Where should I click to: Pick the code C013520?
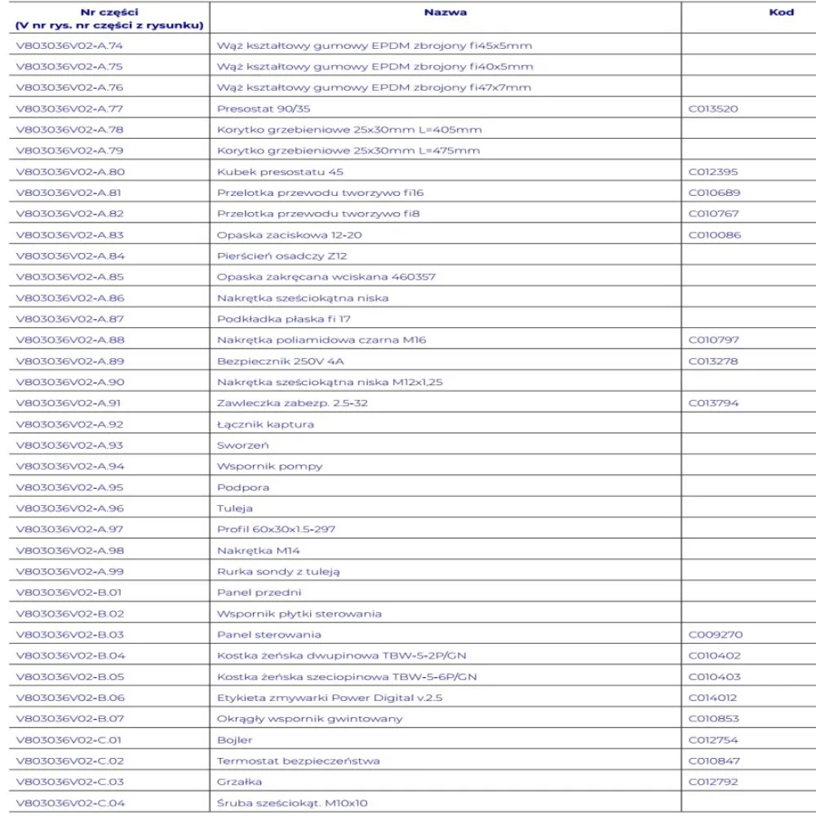[x=714, y=109]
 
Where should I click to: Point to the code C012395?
[x=714, y=171]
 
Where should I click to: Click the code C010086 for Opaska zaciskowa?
[x=714, y=234]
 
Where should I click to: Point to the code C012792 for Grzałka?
[x=714, y=781]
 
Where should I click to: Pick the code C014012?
[x=714, y=697]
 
